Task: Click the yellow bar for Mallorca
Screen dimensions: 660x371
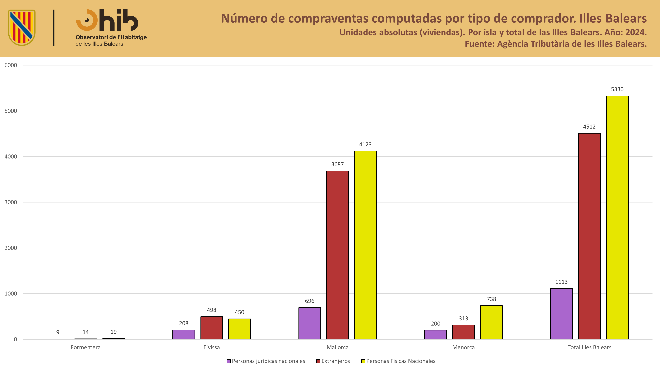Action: (365, 245)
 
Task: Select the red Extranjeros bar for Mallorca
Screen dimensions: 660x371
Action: (337, 255)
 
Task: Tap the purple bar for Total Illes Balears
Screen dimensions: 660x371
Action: (561, 314)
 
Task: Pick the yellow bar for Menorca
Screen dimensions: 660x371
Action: (491, 322)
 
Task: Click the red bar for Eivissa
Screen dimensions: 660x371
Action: (212, 328)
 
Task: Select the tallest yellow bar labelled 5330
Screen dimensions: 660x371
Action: (617, 218)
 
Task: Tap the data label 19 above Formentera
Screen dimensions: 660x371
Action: (114, 332)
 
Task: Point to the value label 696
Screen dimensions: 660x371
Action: (310, 301)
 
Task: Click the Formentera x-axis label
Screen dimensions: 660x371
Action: (86, 347)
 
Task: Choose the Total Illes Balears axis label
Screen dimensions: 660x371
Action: (589, 347)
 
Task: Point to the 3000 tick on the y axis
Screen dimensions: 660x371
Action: (11, 202)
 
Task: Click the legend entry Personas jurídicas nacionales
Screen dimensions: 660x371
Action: (266, 361)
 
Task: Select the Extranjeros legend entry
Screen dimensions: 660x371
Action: (333, 361)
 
